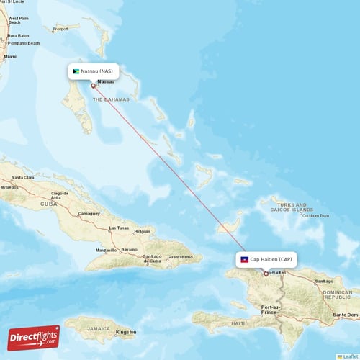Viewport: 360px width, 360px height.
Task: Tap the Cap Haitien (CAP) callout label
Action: click(266, 259)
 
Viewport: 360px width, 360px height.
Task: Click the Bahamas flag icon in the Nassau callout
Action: click(76, 71)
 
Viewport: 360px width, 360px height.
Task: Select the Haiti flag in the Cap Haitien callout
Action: click(245, 259)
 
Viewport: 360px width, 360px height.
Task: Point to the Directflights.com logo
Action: click(34, 337)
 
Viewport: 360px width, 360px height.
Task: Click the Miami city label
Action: click(10, 56)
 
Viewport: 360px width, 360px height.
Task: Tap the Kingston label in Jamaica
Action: click(126, 332)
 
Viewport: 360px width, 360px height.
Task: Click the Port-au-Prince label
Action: click(269, 310)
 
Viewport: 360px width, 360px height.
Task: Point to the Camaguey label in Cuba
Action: click(89, 214)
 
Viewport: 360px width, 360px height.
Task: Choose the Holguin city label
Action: click(143, 232)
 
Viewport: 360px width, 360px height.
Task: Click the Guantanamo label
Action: click(179, 257)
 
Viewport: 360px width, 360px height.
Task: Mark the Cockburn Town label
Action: click(315, 215)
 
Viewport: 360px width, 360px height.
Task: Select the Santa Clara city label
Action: click(24, 177)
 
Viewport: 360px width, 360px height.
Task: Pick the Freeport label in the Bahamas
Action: click(60, 29)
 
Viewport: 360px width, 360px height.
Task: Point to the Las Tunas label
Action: click(118, 228)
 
